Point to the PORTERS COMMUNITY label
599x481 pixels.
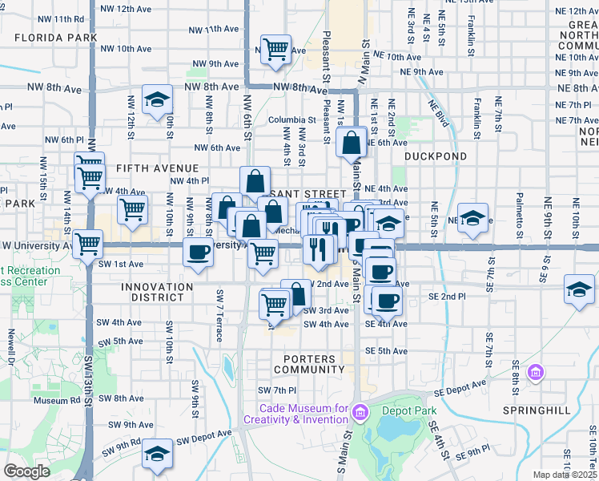[308, 364]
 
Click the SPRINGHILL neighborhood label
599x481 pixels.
[537, 410]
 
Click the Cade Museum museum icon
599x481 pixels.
[360, 414]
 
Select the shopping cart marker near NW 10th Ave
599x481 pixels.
[275, 49]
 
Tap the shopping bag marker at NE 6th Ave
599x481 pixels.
[352, 144]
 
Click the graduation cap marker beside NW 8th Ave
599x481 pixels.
[157, 100]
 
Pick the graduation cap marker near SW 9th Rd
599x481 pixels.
[157, 455]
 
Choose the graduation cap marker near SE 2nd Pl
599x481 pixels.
[579, 289]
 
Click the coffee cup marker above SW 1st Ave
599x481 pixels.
[197, 253]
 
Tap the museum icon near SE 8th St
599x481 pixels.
[536, 373]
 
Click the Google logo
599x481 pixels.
[26, 471]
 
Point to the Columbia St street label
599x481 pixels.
[287, 119]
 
